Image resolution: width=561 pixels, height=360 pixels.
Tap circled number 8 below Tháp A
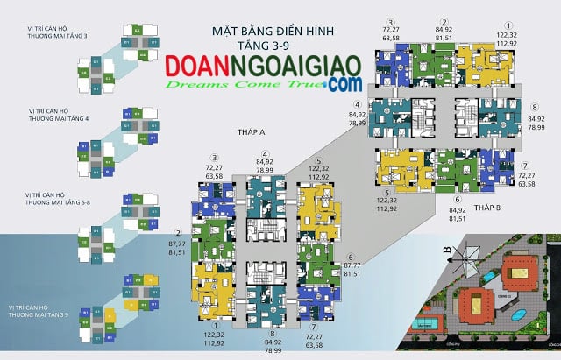pos(273,333)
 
